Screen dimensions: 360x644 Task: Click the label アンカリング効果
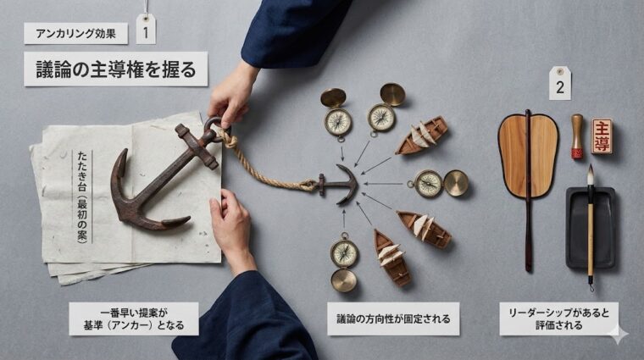76,34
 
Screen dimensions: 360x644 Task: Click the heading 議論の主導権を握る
115,69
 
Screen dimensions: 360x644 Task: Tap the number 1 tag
146,31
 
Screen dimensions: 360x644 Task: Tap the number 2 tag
559,86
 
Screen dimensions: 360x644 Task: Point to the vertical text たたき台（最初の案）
82,196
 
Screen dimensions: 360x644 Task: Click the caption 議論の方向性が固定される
393,318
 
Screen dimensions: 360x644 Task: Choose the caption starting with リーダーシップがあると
558,318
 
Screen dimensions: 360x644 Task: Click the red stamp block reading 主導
602,136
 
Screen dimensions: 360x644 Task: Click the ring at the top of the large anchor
213,127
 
